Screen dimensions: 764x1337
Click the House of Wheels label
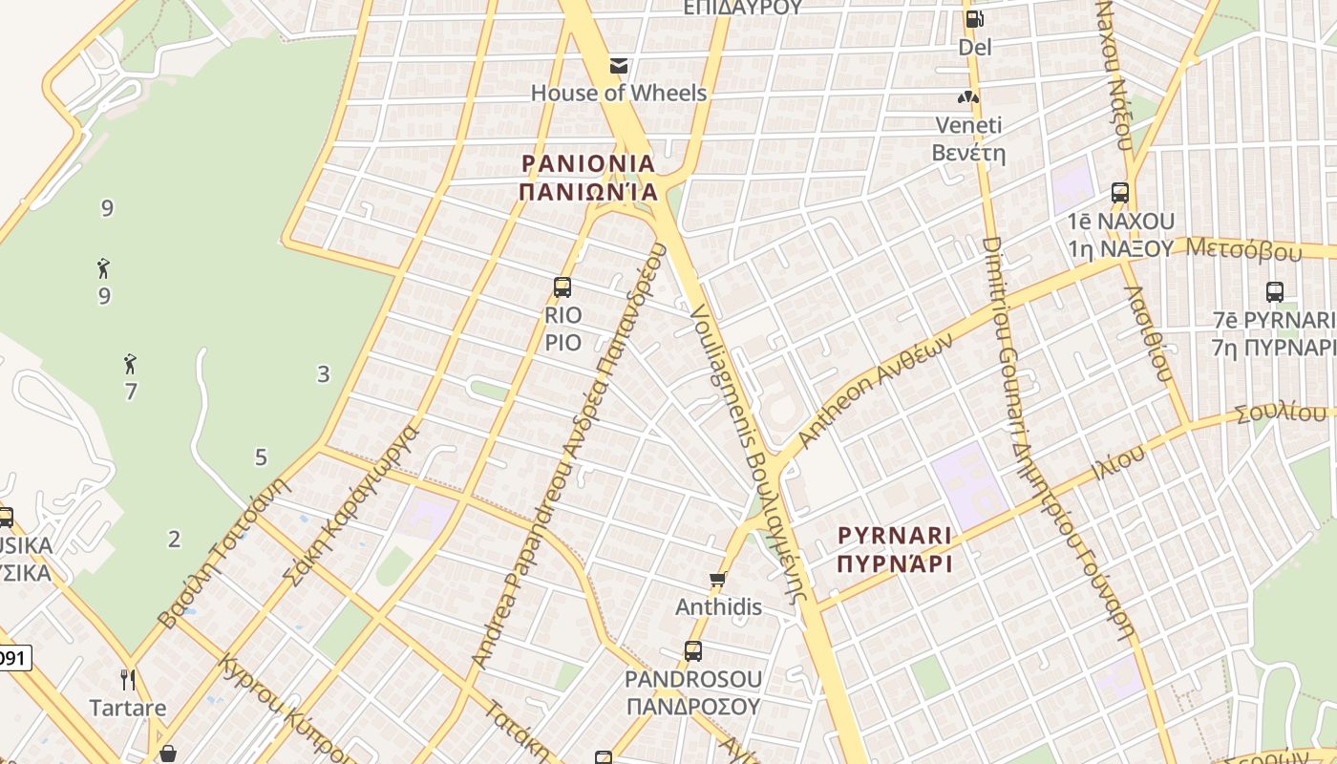619,93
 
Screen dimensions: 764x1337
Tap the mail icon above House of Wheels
619,66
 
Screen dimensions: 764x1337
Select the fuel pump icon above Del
974,19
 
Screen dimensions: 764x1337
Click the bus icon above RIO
562,286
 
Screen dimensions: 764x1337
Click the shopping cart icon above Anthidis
718,579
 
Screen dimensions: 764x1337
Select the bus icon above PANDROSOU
693,651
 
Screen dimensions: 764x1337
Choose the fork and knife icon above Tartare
128,680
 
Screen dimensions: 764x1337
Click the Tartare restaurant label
128,709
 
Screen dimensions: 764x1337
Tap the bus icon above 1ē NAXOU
1120,193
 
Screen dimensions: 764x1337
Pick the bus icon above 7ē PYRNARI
1274,292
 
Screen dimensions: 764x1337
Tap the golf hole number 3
323,374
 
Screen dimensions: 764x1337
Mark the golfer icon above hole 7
130,364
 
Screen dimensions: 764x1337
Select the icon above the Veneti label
968,97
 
